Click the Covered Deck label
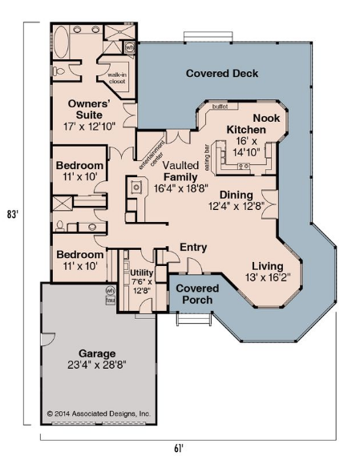[222, 73]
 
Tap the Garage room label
[97, 353]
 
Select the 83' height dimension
[13, 214]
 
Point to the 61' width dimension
[179, 448]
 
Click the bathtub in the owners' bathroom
[61, 42]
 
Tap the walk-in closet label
[117, 78]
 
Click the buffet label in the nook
[220, 107]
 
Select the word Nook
[266, 119]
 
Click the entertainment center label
[152, 155]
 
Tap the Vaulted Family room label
[180, 171]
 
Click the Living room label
[268, 266]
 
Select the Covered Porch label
[197, 294]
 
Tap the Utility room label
[142, 272]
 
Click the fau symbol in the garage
[111, 301]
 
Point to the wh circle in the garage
[111, 291]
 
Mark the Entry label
[193, 248]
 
